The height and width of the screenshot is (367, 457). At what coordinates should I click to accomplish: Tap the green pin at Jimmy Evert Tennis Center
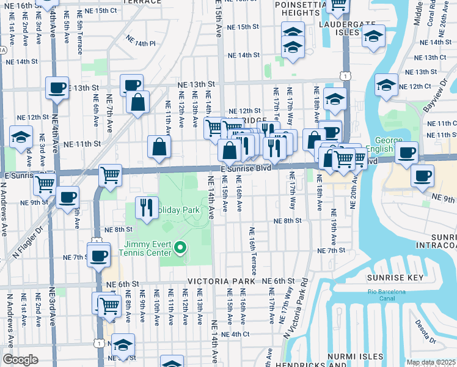pyautogui.click(x=180, y=248)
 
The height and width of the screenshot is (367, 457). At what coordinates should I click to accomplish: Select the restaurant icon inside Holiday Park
pyautogui.click(x=145, y=207)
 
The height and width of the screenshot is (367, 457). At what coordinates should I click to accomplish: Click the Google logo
pyautogui.click(x=20, y=359)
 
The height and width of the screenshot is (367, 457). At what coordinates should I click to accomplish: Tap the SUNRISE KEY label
pyautogui.click(x=391, y=278)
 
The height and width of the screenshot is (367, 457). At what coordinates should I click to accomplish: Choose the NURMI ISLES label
pyautogui.click(x=358, y=356)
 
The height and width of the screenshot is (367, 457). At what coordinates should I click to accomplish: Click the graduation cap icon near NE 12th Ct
pyautogui.click(x=386, y=86)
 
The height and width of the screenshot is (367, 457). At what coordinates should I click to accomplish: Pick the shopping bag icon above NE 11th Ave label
pyautogui.click(x=159, y=147)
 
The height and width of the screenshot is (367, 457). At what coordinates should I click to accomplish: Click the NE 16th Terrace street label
pyautogui.click(x=252, y=248)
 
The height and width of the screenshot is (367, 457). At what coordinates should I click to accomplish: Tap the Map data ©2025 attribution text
pyautogui.click(x=431, y=362)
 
